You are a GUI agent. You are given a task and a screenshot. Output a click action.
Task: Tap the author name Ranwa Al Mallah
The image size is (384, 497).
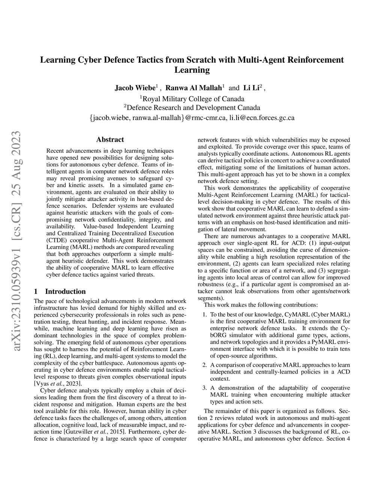(193, 88)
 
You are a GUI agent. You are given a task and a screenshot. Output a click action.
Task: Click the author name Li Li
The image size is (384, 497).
(252, 88)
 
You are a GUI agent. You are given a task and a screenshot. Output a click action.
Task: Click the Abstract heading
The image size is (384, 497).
(110, 140)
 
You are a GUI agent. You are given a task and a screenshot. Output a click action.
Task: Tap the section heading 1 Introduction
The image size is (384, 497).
(60, 291)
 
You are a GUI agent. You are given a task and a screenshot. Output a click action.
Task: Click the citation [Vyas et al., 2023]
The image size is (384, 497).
(58, 383)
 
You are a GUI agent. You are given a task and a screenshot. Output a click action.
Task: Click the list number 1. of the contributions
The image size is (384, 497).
(205, 314)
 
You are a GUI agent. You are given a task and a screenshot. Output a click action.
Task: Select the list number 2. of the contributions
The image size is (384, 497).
(205, 365)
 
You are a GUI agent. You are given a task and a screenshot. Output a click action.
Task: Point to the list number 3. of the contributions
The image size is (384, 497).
(205, 388)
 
